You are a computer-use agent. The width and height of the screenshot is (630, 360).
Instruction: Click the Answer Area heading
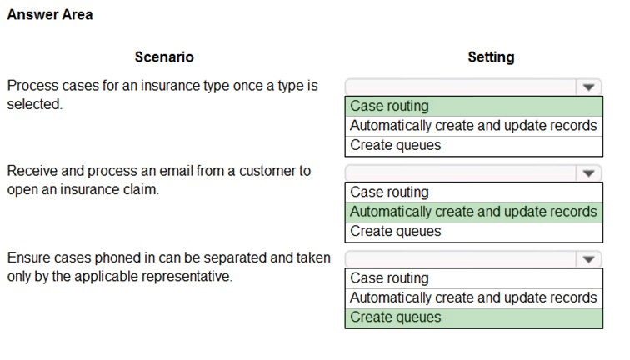click(x=50, y=14)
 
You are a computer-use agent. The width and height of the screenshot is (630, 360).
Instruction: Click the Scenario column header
click(x=164, y=57)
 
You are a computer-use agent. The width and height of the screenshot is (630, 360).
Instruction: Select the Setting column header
click(x=491, y=57)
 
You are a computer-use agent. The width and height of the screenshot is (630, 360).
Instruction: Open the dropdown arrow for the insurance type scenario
click(x=588, y=87)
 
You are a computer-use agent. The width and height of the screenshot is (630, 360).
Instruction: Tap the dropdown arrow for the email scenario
click(x=588, y=173)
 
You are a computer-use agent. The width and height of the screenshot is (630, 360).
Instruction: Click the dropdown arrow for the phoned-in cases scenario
click(x=588, y=259)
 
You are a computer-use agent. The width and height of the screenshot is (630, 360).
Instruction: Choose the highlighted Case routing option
click(x=389, y=106)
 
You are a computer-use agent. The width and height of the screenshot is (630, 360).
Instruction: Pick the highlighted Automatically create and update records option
click(x=473, y=212)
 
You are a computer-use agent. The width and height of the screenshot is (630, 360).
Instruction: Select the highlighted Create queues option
click(x=395, y=317)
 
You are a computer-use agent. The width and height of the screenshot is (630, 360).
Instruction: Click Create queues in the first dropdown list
click(x=395, y=145)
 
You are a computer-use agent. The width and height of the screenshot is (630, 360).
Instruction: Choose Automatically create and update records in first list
click(x=473, y=125)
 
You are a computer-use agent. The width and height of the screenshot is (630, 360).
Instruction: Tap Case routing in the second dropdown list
click(x=389, y=192)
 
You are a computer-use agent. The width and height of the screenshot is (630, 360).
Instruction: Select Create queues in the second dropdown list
click(x=395, y=231)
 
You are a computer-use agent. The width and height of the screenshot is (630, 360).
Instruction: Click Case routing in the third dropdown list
click(x=389, y=278)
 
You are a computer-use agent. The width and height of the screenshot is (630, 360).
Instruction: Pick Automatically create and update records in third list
click(x=473, y=297)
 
